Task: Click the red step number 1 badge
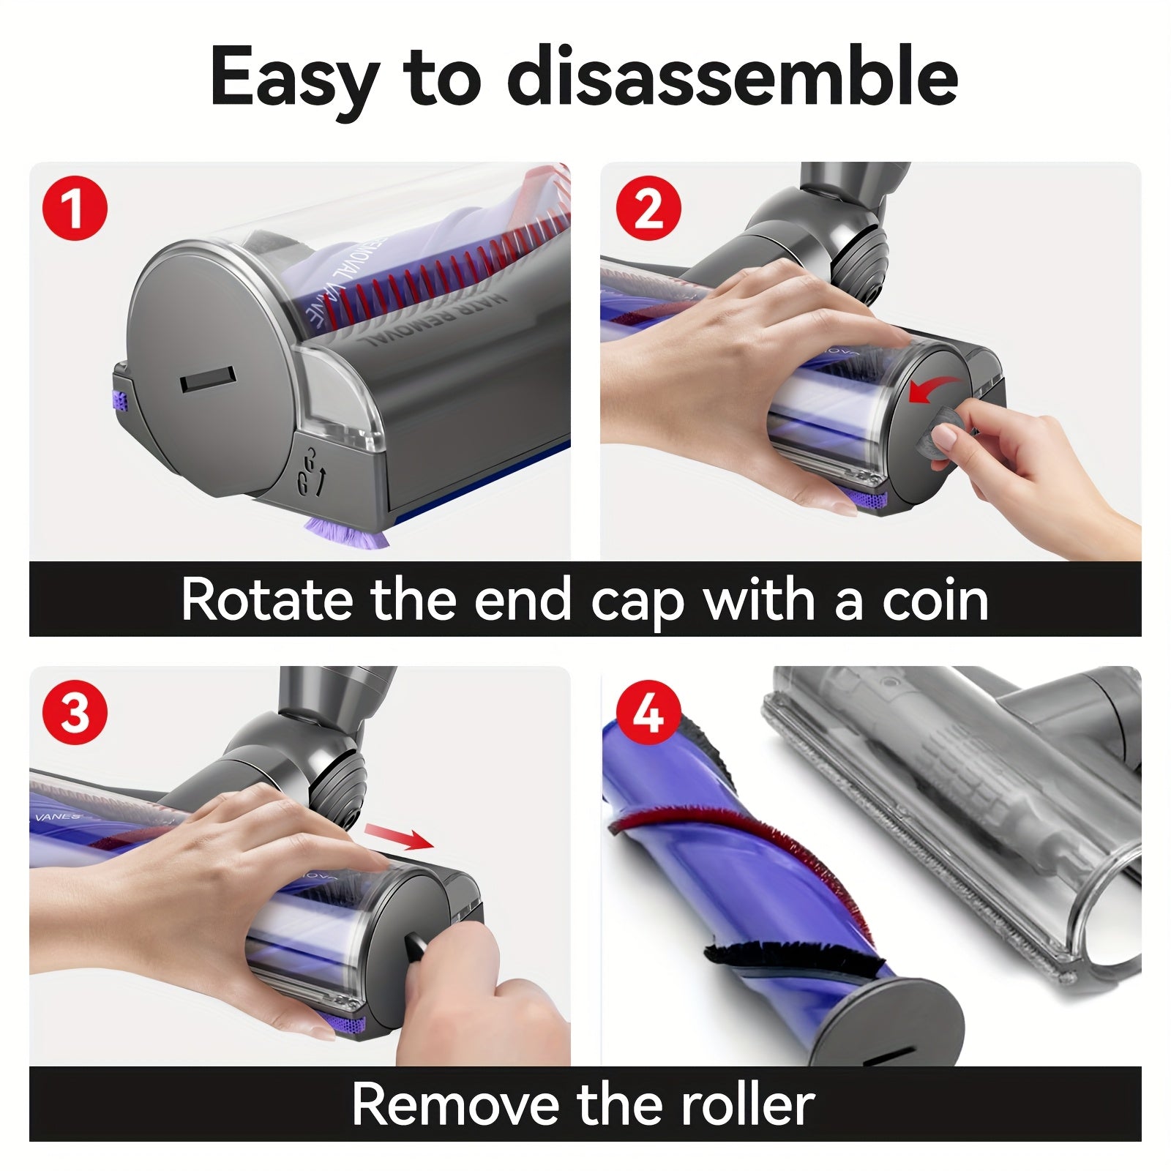[75, 208]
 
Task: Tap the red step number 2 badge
[648, 208]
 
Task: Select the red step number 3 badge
[75, 712]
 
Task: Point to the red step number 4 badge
[648, 712]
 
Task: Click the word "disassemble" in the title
[732, 77]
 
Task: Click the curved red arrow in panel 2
[932, 389]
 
